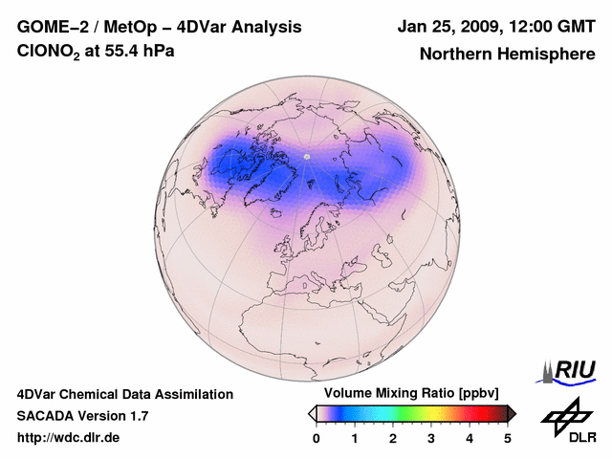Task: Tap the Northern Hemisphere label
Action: pos(507,55)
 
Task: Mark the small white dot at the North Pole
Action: pos(306,156)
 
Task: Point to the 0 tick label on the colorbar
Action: pos(317,438)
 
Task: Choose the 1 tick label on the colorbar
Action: pos(355,438)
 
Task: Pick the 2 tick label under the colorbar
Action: pos(393,438)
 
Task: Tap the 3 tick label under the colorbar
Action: pos(431,438)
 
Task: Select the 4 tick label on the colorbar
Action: pos(470,438)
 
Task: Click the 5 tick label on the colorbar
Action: pos(508,438)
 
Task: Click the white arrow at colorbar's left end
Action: pos(312,413)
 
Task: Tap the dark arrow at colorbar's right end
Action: pos(513,413)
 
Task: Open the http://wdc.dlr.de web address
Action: pos(69,438)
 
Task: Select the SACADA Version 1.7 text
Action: pos(82,416)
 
